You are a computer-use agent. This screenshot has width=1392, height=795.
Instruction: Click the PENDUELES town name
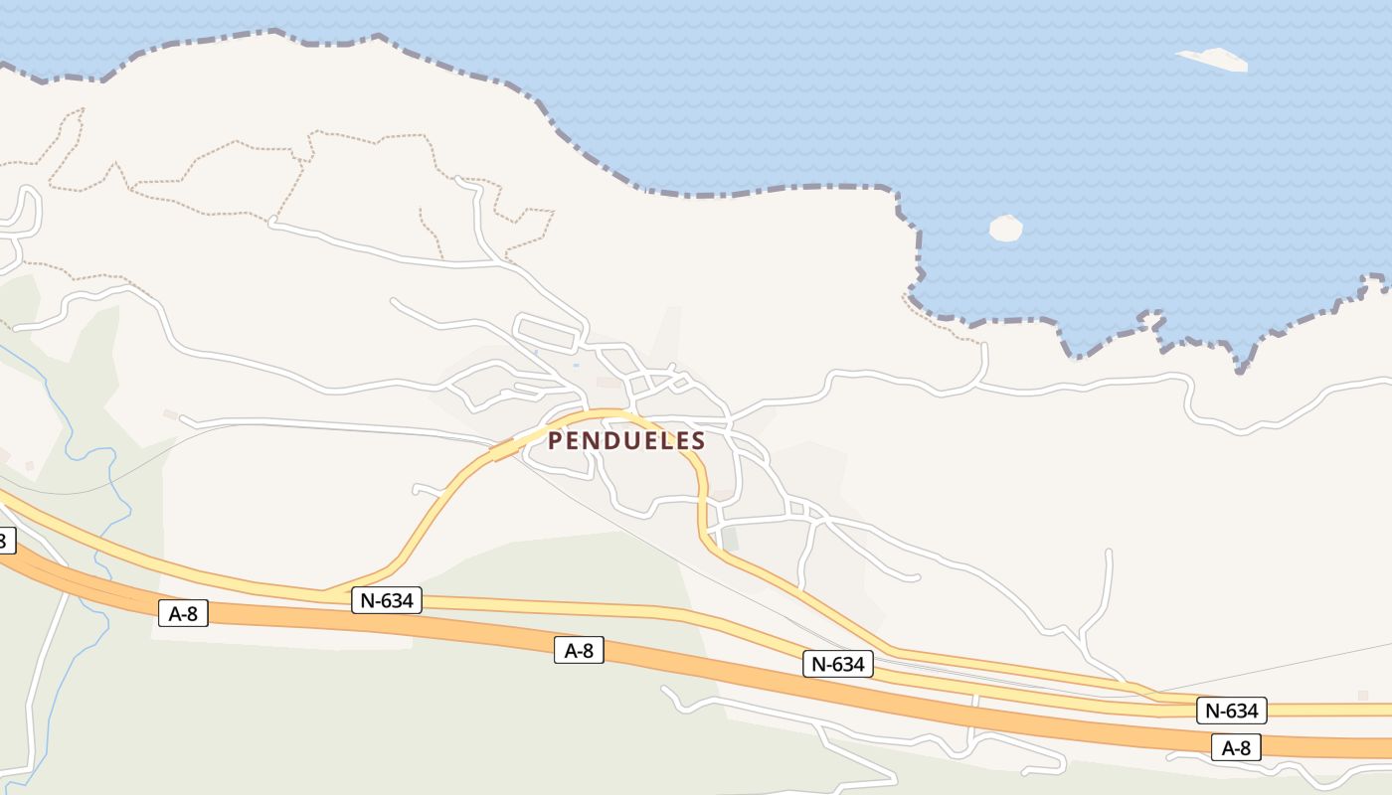pyautogui.click(x=626, y=440)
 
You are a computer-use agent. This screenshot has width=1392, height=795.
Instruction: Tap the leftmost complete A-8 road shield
pyautogui.click(x=183, y=613)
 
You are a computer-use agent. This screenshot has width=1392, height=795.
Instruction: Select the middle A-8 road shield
pyautogui.click(x=579, y=650)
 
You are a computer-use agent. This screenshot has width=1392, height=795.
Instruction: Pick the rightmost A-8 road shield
pyautogui.click(x=1236, y=747)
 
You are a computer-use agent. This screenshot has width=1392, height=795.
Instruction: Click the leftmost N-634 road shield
pyautogui.click(x=387, y=599)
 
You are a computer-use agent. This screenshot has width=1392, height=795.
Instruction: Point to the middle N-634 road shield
pyautogui.click(x=837, y=664)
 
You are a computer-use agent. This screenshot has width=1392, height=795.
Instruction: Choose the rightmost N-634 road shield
pyautogui.click(x=1232, y=711)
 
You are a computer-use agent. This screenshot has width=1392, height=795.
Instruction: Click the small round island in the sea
pyautogui.click(x=1005, y=228)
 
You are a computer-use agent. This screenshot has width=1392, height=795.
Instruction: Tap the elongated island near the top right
pyautogui.click(x=1213, y=59)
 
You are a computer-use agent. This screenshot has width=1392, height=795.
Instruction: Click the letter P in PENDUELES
pyautogui.click(x=556, y=440)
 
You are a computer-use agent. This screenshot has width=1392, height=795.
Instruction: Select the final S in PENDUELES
pyautogui.click(x=698, y=440)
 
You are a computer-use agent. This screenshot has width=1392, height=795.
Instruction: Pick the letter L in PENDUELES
pyautogui.click(x=663, y=440)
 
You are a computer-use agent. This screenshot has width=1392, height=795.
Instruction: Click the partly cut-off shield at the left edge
pyautogui.click(x=4, y=541)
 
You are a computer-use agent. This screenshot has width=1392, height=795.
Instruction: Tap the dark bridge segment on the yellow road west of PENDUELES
pyautogui.click(x=504, y=450)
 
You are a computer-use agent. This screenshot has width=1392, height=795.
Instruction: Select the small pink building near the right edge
pyautogui.click(x=1362, y=695)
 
